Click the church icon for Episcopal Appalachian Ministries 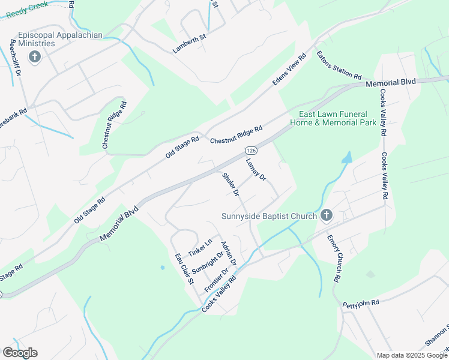pyautogui.click(x=35, y=58)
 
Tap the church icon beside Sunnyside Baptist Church pyautogui.click(x=327, y=215)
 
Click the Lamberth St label pyautogui.click(x=190, y=44)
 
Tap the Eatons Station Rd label pyautogui.click(x=339, y=66)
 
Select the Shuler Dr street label pyautogui.click(x=231, y=185)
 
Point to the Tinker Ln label pyautogui.click(x=200, y=245)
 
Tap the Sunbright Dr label pyautogui.click(x=208, y=262)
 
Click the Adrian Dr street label pyautogui.click(x=229, y=254)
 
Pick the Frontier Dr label pyautogui.click(x=217, y=280)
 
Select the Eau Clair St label pyautogui.click(x=184, y=268)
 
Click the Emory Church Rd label pyautogui.click(x=334, y=259)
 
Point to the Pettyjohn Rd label pyautogui.click(x=361, y=305)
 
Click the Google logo pyautogui.click(x=20, y=353)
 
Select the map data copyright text pyautogui.click(x=411, y=355)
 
